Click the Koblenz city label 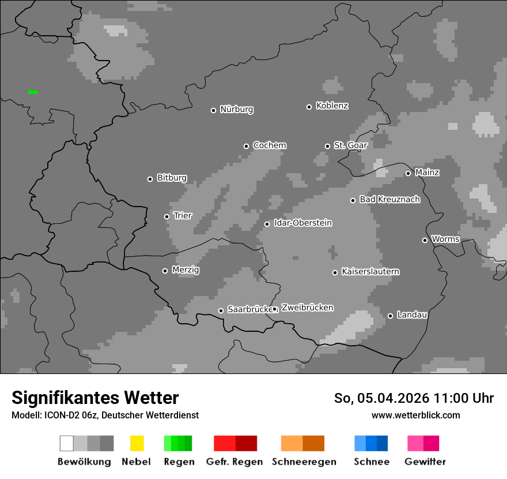[332, 106]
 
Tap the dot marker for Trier [167, 216]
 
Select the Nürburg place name [236, 110]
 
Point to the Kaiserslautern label [370, 272]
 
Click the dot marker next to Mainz [408, 173]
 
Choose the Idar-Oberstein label [302, 223]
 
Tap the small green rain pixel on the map [33, 92]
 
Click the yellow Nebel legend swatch [137, 443]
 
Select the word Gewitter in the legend [425, 462]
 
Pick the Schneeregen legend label [304, 462]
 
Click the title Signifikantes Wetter [95, 398]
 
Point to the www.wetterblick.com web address [415, 415]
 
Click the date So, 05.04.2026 [381, 398]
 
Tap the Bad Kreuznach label [389, 200]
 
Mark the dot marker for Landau [390, 316]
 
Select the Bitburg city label [172, 178]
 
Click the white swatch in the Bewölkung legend [66, 443]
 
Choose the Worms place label [445, 240]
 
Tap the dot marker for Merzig [165, 271]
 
